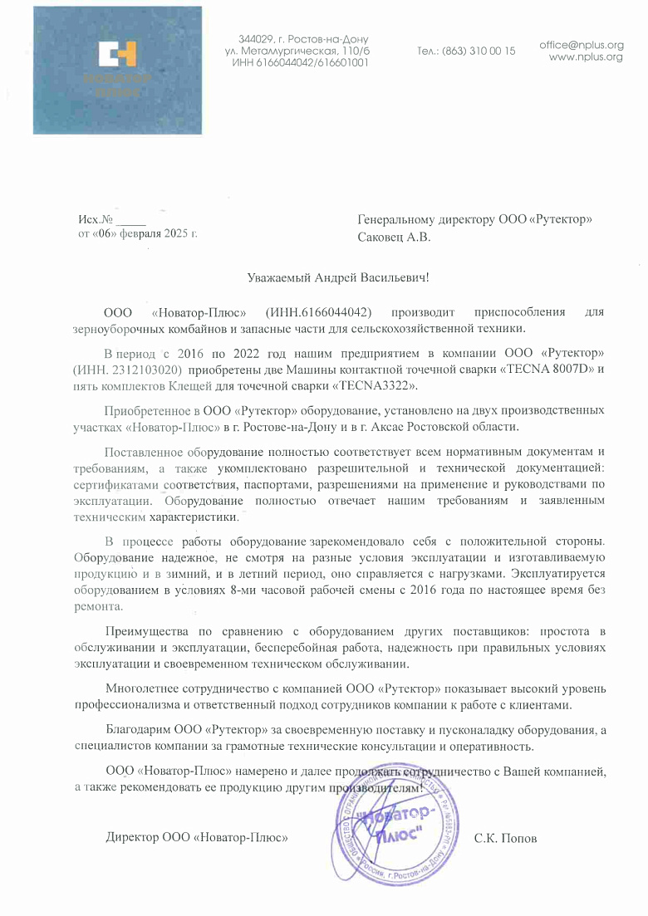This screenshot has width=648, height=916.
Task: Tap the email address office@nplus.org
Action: [581, 45]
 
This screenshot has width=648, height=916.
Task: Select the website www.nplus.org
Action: [586, 57]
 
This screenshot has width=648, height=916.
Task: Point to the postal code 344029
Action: [254, 40]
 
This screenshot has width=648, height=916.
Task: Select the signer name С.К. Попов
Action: [505, 839]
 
